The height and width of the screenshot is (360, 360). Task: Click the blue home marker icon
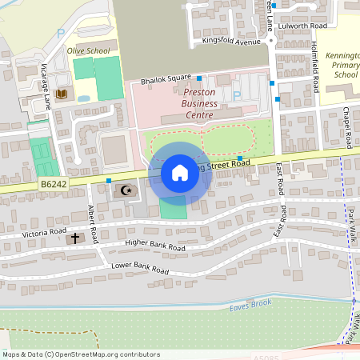(180, 173)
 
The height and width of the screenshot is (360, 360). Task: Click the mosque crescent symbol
(126, 190)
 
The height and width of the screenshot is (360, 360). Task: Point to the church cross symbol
(76, 238)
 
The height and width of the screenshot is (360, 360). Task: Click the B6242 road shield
(54, 185)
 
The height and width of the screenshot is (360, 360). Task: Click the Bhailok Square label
(166, 78)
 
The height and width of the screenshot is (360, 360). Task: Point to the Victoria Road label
(45, 232)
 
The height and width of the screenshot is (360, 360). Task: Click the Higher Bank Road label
(155, 245)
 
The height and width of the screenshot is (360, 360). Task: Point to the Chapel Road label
(347, 128)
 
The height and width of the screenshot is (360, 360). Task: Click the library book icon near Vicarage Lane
(62, 94)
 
